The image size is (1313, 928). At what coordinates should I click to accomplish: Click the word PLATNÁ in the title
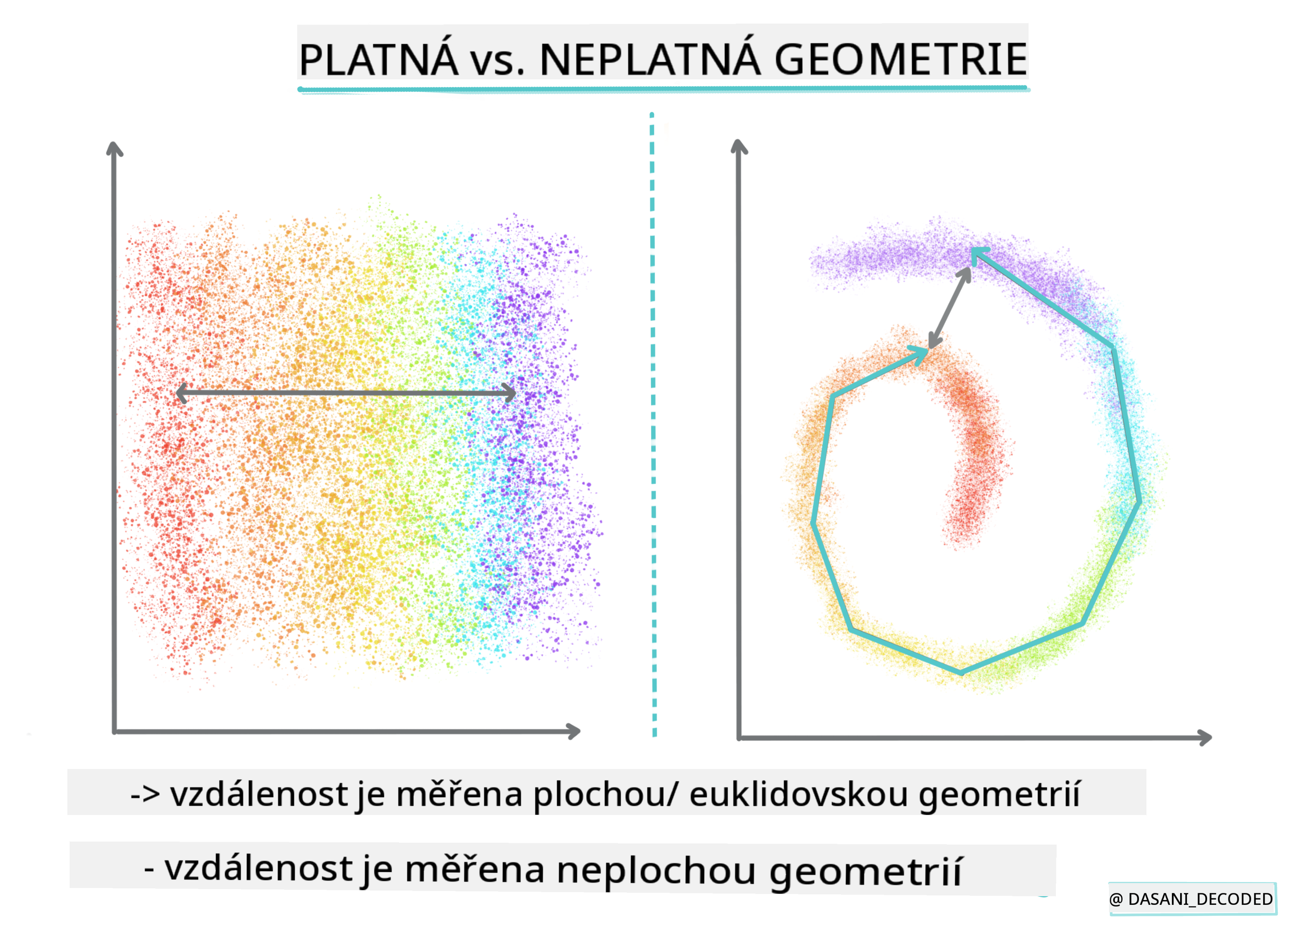pos(378,59)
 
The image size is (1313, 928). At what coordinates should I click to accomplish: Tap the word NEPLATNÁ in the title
pos(650,59)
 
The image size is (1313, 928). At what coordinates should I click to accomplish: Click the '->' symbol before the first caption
pos(145,795)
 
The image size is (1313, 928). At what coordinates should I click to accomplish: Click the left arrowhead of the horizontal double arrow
pos(182,393)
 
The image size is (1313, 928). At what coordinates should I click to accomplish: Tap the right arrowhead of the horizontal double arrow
pos(509,393)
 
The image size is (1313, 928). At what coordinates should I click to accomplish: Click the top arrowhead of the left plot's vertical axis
pos(115,149)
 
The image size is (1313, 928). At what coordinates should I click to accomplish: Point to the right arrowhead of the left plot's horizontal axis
pos(573,731)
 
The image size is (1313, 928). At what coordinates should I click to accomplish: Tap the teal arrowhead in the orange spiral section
pos(920,353)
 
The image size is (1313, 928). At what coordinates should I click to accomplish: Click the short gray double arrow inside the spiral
pos(949,308)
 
